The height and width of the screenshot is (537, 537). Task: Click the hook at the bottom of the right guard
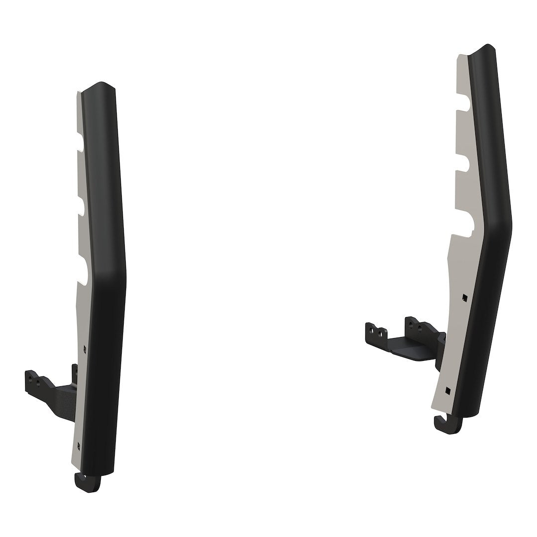[x=444, y=426]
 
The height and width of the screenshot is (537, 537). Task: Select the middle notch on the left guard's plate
[x=83, y=208]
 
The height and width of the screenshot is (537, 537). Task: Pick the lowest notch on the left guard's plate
[x=85, y=271]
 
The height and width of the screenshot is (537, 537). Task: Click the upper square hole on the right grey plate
[x=464, y=298]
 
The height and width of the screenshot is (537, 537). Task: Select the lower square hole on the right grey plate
[x=448, y=390]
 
